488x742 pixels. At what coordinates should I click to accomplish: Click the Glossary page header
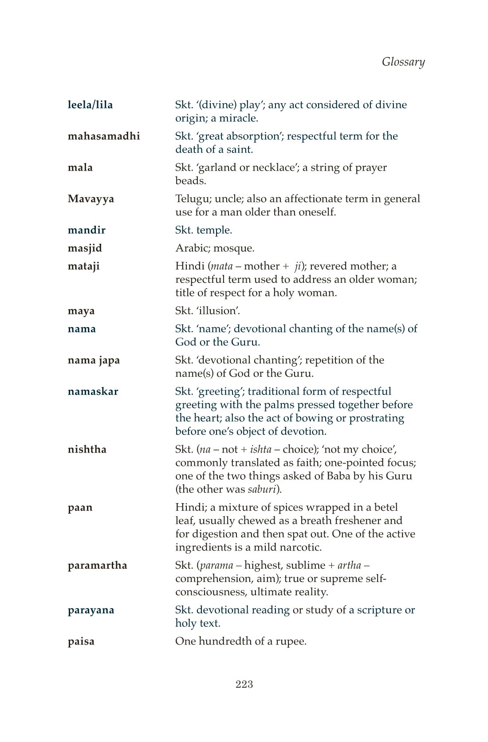point(403,62)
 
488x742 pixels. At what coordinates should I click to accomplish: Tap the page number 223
point(244,684)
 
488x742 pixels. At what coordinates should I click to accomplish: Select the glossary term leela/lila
point(90,105)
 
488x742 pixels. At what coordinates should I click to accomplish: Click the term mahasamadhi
point(104,136)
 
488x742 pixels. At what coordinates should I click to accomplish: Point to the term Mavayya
point(91,199)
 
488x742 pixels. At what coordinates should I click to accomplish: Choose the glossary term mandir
point(87,230)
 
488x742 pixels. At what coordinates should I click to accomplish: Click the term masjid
point(85,248)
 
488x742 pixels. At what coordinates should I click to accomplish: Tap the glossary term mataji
point(83,266)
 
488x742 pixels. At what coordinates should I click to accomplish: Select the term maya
point(81,311)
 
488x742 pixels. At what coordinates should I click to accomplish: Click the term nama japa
point(94,360)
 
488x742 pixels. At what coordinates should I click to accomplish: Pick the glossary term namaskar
point(93,392)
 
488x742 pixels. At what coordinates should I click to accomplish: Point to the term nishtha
point(87,449)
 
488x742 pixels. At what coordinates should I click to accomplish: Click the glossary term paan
point(80,508)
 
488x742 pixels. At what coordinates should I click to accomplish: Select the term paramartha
point(97,566)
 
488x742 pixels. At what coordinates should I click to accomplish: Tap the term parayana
point(91,610)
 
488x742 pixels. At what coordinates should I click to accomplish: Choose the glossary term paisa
point(81,642)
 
